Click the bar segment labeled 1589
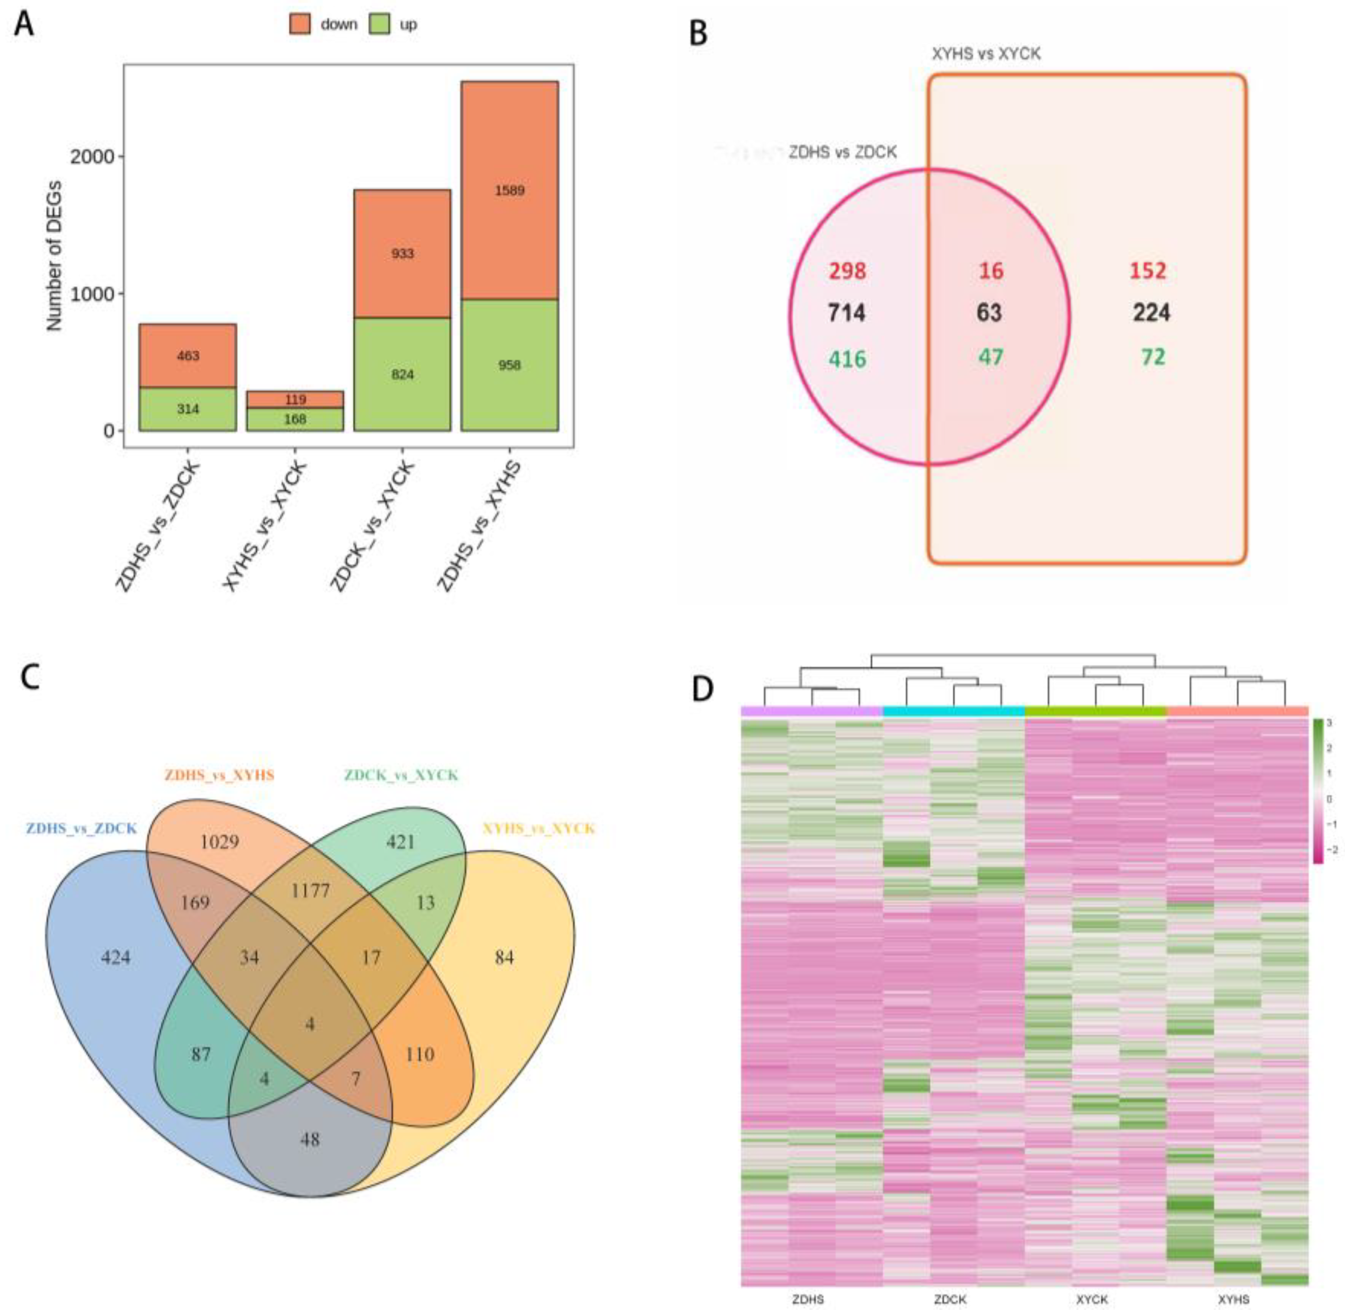coord(509,191)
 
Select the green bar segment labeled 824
coord(402,374)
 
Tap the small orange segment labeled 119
coord(295,399)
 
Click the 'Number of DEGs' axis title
coord(54,256)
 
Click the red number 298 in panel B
coord(847,271)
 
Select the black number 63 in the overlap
coord(989,313)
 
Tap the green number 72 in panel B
coord(1152,357)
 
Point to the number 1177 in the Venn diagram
coord(310,891)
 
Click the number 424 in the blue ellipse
coord(115,957)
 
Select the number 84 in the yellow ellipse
coord(504,957)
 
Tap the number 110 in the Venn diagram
coord(420,1054)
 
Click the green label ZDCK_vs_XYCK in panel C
coord(401,775)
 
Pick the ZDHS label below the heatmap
coord(807,1299)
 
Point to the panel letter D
coord(702,689)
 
